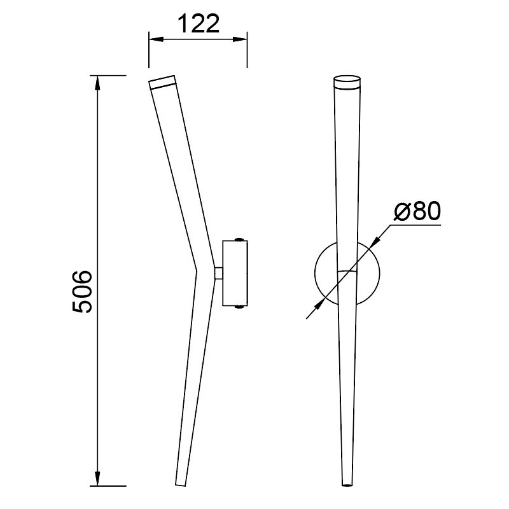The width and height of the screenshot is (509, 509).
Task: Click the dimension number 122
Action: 198,24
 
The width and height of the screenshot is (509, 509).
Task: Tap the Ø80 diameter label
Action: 417,211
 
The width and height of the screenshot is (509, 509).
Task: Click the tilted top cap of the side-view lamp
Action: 162,81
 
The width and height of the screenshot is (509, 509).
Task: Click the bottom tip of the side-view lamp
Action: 181,482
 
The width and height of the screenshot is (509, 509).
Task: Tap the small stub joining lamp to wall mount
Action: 218,273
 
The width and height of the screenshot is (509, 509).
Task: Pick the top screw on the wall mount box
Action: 239,239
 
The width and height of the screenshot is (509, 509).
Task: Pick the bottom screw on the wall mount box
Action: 239,307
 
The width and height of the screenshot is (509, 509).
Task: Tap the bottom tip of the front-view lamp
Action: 347,484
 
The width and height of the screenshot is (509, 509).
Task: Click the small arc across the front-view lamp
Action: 347,271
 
